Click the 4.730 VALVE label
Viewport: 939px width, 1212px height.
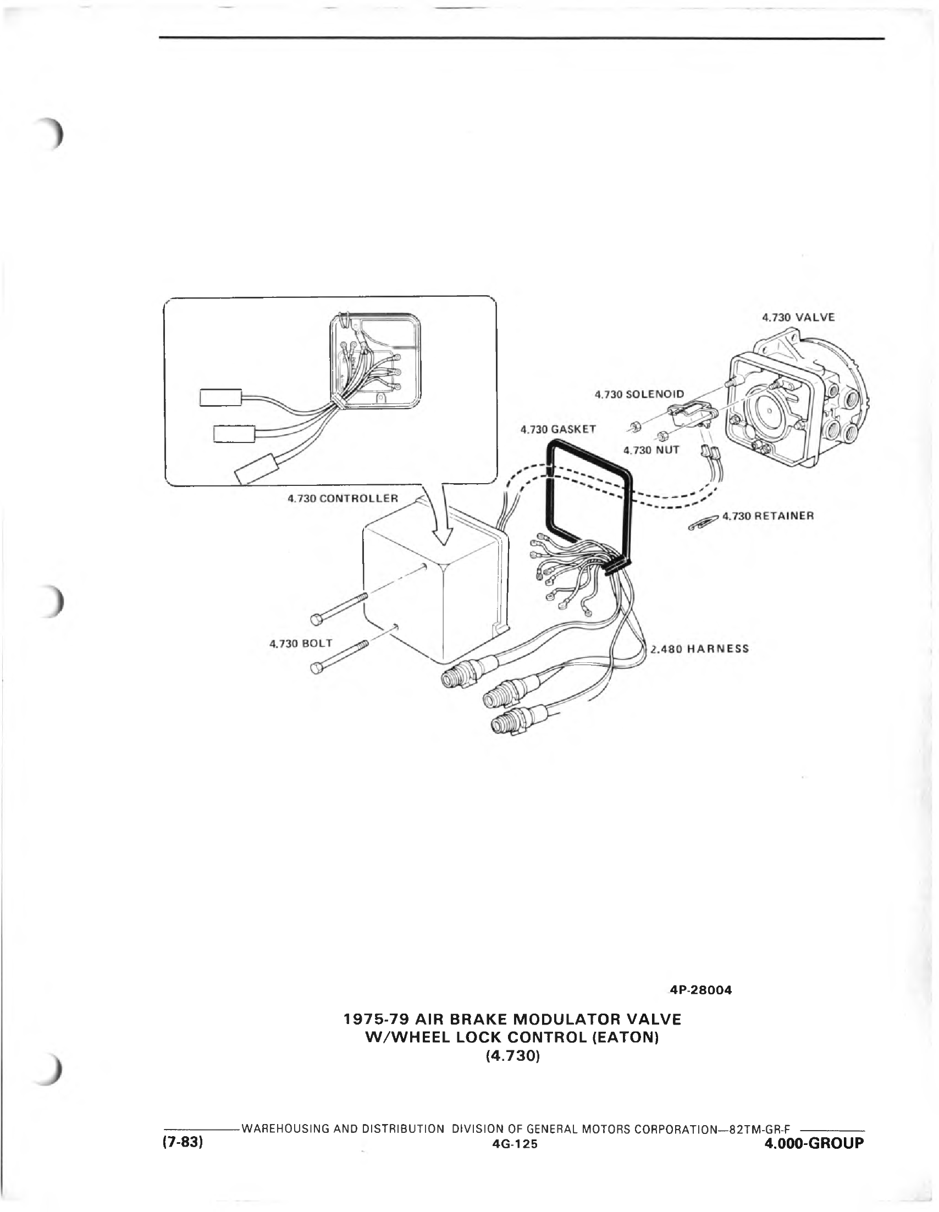tap(798, 318)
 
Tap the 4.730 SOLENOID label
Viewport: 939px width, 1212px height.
tap(639, 394)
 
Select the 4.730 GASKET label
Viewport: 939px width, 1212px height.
tap(558, 429)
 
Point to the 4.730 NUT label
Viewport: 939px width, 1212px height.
tap(651, 450)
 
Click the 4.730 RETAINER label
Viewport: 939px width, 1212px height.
tap(768, 516)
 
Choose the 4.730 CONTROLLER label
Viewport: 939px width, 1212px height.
tap(343, 498)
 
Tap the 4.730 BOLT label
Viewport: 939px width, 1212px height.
tap(301, 643)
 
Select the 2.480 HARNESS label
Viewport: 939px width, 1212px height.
tap(700, 649)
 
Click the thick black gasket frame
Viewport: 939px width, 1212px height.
tap(549, 488)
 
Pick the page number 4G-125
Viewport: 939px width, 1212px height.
tap(514, 1144)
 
